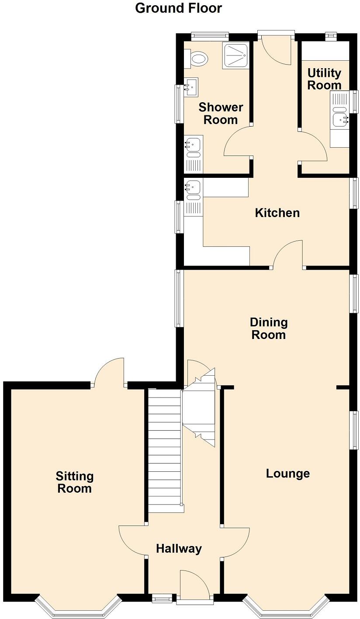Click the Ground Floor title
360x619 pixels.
[x=178, y=8]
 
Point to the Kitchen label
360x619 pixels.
[x=277, y=213]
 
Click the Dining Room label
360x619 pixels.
[x=269, y=329]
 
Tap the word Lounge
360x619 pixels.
[x=288, y=474]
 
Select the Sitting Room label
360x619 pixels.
[x=75, y=482]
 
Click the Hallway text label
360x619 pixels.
[x=179, y=549]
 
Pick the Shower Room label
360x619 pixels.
[x=221, y=114]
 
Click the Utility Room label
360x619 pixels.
[x=324, y=79]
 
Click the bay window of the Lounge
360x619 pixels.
[x=286, y=607]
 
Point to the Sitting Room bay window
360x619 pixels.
[x=78, y=607]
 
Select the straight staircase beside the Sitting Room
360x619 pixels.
[x=164, y=450]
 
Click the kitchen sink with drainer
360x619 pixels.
[x=193, y=192]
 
